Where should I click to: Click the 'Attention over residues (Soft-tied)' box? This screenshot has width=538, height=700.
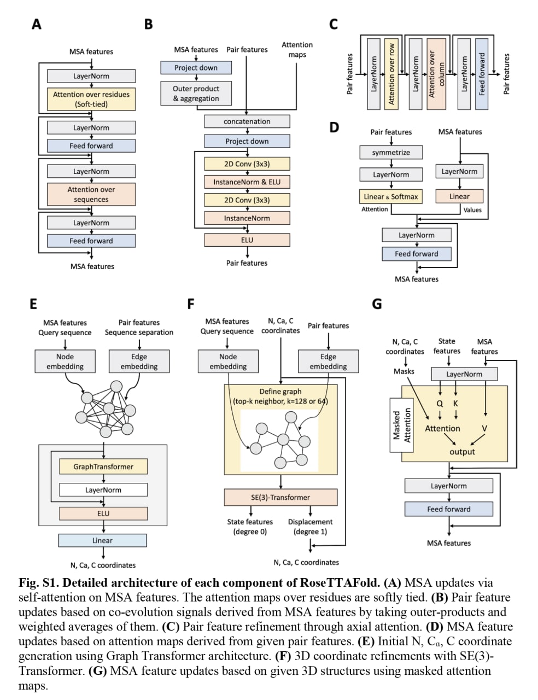(x=91, y=99)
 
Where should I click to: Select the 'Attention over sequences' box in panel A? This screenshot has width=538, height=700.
(x=91, y=194)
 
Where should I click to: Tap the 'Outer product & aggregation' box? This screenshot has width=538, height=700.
(x=196, y=94)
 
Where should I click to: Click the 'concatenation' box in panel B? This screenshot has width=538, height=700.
(x=247, y=121)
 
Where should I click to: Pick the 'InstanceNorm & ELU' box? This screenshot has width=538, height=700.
(x=247, y=182)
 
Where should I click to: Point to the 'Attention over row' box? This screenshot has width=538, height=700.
(x=391, y=74)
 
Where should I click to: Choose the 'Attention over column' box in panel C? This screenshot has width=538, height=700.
(x=436, y=74)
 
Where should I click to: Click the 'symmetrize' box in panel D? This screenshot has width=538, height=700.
(x=391, y=153)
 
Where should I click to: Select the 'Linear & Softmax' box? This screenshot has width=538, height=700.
(x=391, y=196)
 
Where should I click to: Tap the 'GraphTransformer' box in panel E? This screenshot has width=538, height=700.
(x=103, y=467)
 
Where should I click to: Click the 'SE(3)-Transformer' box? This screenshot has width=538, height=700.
(x=280, y=497)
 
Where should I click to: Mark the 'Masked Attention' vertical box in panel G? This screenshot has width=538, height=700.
(x=401, y=425)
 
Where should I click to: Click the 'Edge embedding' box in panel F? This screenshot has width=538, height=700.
(x=328, y=361)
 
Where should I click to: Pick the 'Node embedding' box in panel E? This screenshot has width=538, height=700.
(x=65, y=361)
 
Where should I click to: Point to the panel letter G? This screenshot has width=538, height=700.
(x=377, y=304)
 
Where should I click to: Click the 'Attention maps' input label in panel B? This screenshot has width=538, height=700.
(x=297, y=50)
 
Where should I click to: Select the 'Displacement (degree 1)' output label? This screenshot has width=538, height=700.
(x=310, y=527)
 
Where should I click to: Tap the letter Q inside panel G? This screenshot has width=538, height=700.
(x=440, y=404)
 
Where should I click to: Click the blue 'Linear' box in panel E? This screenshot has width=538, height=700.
(x=102, y=540)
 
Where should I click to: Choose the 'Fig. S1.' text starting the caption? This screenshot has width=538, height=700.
(x=39, y=583)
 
